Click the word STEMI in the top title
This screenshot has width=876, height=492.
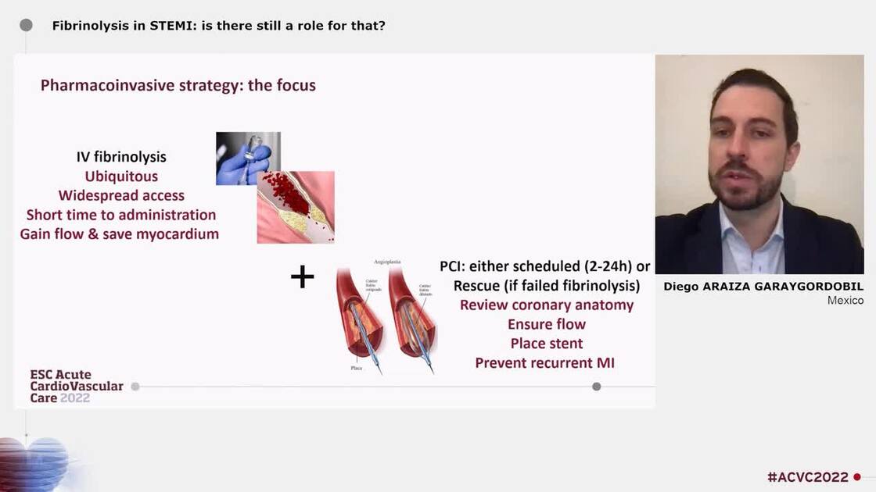pyautogui.click(x=171, y=26)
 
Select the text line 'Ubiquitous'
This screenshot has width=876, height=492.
pyautogui.click(x=121, y=176)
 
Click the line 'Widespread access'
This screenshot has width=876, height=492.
pyautogui.click(x=121, y=195)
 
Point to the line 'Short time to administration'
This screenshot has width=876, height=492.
pyautogui.click(x=121, y=215)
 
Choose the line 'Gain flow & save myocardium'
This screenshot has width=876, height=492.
pyautogui.click(x=120, y=234)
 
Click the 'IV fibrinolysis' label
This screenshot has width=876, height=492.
pyautogui.click(x=121, y=157)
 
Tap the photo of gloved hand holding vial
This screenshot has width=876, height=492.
pyautogui.click(x=248, y=159)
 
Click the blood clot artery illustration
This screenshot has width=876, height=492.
pyautogui.click(x=296, y=207)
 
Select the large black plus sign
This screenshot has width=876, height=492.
pyautogui.click(x=302, y=276)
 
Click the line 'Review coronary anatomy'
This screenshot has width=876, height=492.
pyautogui.click(x=547, y=305)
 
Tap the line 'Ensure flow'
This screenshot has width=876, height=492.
pyautogui.click(x=547, y=324)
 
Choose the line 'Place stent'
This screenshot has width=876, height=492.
pyautogui.click(x=547, y=344)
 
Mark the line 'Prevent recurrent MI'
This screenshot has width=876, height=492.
pyautogui.click(x=545, y=362)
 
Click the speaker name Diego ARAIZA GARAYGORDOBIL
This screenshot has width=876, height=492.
pyautogui.click(x=763, y=287)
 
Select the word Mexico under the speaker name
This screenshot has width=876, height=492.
pyautogui.click(x=845, y=301)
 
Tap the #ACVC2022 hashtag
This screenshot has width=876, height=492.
pyautogui.click(x=807, y=476)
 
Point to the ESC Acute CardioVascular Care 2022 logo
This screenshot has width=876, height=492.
pyautogui.click(x=76, y=387)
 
